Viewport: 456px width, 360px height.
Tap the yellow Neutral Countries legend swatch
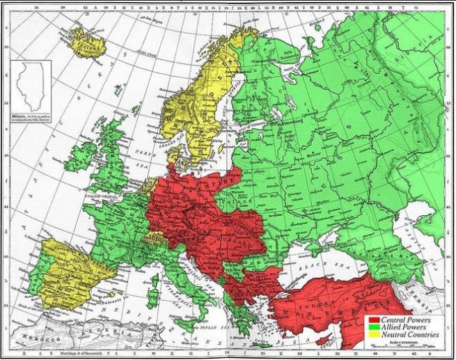click(373, 335)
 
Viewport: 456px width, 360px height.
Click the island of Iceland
click(87, 43)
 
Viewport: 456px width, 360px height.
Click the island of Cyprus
click(322, 340)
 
